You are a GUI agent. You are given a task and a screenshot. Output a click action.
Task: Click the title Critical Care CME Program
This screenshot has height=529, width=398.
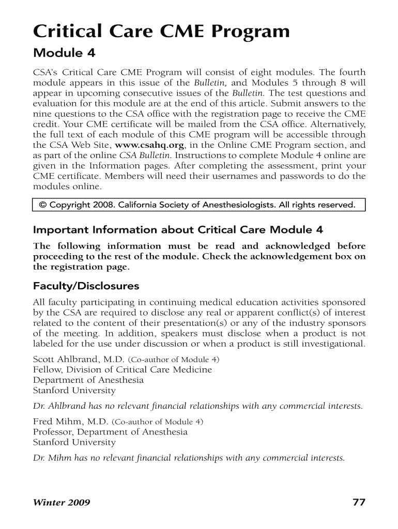click(161, 32)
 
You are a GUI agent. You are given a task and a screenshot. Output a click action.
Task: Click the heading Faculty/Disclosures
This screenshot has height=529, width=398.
click(86, 286)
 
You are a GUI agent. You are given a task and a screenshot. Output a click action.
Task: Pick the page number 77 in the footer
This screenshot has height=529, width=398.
click(359, 502)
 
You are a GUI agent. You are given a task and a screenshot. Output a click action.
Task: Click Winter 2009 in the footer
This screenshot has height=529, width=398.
click(62, 503)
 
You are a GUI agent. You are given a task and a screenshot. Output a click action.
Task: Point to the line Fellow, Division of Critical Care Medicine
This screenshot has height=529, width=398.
click(123, 369)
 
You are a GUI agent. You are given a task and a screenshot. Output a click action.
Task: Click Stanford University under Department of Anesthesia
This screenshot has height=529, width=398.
click(74, 391)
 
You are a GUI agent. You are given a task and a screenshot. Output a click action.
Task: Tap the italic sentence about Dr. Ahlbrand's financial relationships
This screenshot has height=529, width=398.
click(197, 406)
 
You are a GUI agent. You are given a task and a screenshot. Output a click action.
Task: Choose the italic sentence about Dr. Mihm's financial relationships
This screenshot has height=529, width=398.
click(189, 458)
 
